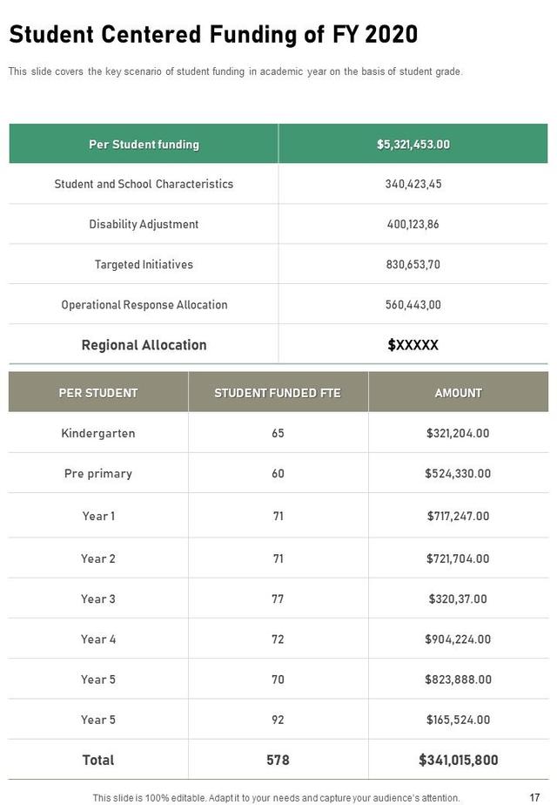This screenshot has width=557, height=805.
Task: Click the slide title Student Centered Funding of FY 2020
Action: pos(213,35)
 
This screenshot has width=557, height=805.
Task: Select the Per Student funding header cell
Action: pos(144,145)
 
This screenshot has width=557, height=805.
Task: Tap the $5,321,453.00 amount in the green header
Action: pos(413,145)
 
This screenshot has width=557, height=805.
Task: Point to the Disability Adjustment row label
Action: pos(144,224)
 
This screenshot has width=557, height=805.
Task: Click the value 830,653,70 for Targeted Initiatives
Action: pos(413,264)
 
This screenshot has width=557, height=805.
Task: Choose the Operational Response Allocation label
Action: pos(144,305)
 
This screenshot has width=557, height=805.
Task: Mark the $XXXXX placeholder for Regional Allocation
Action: pos(413,345)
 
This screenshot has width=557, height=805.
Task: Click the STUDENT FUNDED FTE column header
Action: pos(278,393)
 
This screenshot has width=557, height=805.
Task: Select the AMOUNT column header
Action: pos(458,393)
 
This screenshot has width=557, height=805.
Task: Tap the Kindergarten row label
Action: pos(98,433)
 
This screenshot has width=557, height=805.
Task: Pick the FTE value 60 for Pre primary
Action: pos(278,473)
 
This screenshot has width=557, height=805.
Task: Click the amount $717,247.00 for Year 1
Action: pos(458,516)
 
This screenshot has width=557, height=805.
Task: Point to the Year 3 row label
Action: pos(98,599)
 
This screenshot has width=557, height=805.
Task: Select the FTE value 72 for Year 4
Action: pos(278,639)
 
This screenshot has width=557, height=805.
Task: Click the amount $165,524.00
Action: pos(458,720)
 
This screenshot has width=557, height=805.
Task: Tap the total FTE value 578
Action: pos(278,760)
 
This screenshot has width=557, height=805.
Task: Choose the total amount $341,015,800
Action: pos(458,760)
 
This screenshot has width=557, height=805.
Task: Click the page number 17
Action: pos(534,797)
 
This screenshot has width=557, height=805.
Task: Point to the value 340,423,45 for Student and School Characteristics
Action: pos(413,184)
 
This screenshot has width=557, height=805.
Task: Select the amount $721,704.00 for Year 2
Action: pos(458,558)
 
